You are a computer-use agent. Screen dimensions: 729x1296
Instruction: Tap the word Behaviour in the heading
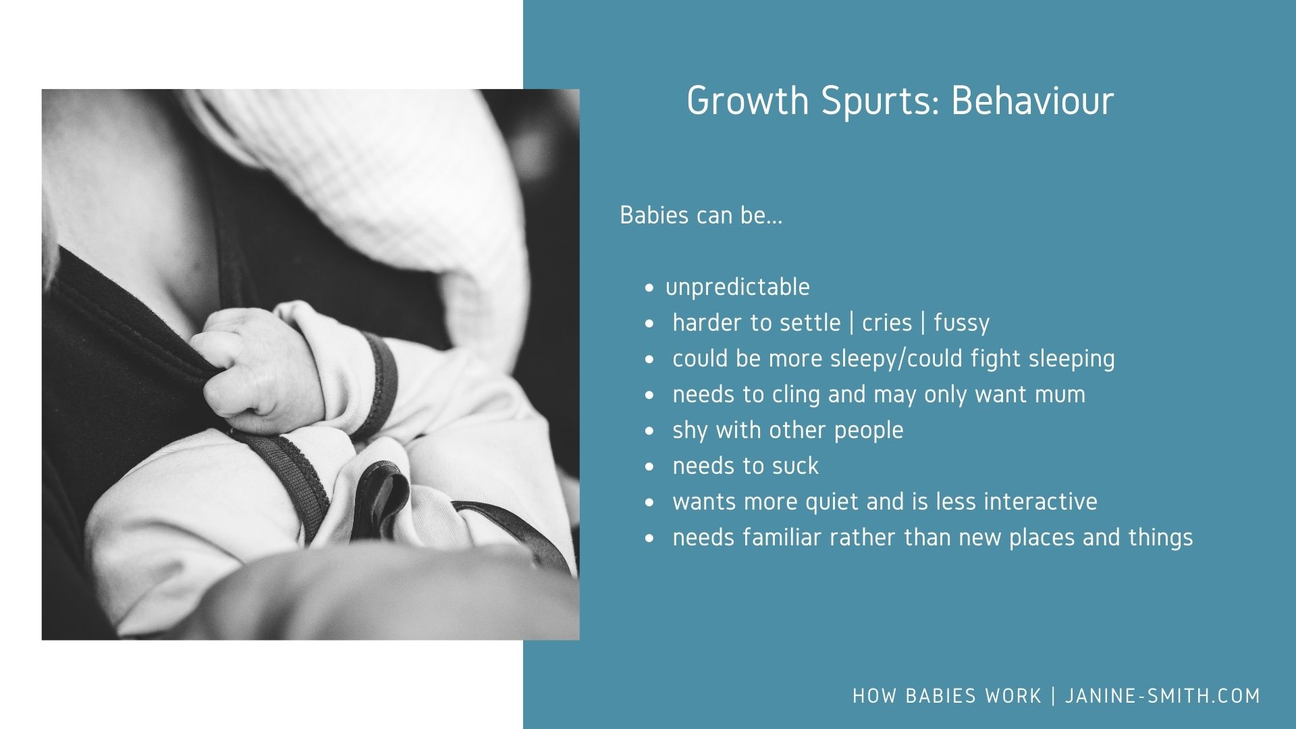[x=1032, y=101]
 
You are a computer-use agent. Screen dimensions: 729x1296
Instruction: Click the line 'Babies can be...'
[x=701, y=215]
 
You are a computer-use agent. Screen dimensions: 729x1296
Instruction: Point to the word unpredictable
[x=737, y=287]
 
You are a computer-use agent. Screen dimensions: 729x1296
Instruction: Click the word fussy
[x=961, y=323]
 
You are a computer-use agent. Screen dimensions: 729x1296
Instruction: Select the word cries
[x=887, y=323]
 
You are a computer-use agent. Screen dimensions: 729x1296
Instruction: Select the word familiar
[x=782, y=537]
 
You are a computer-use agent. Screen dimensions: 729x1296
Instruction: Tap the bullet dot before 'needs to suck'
[x=649, y=466]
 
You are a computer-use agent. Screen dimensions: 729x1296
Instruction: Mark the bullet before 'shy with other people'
[x=649, y=431]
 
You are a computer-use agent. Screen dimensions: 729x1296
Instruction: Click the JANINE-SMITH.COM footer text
[x=1162, y=696]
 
